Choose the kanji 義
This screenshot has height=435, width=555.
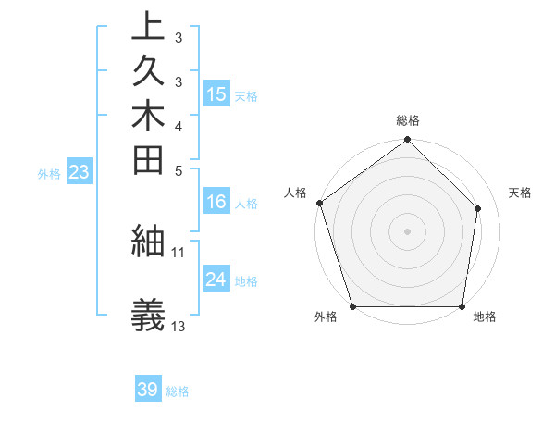(148, 316)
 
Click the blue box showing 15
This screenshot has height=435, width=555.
(216, 94)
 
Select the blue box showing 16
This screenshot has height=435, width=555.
(216, 203)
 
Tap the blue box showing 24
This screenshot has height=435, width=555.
(216, 280)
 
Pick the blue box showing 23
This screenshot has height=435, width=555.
(80, 172)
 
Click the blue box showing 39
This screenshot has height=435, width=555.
(148, 390)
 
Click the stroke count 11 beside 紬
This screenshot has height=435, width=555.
(179, 252)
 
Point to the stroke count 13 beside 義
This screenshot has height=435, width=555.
(179, 327)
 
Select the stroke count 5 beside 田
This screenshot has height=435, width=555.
(179, 169)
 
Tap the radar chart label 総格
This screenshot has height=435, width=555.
(408, 120)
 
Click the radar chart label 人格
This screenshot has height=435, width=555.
(296, 193)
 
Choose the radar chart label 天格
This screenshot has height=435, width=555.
(520, 193)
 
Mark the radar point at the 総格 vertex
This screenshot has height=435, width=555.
(408, 141)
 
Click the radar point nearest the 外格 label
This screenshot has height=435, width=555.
(352, 306)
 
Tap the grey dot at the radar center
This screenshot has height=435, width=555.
(408, 230)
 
